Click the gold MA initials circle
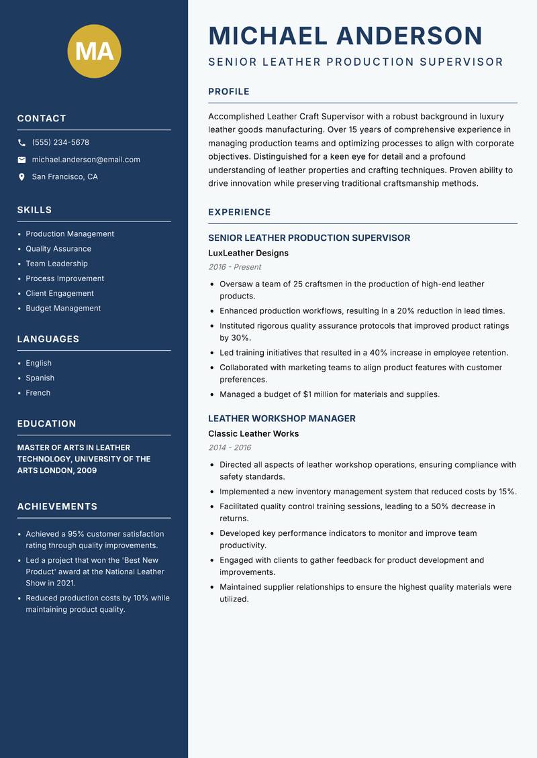click(94, 51)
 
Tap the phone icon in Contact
click(21, 143)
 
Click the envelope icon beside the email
click(21, 160)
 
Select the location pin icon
click(21, 177)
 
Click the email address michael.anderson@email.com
click(86, 160)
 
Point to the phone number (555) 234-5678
click(60, 142)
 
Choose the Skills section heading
click(34, 210)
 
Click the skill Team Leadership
click(56, 264)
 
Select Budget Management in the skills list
click(63, 308)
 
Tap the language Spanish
click(40, 378)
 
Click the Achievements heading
click(57, 506)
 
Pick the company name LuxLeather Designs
click(248, 253)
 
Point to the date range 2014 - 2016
click(230, 447)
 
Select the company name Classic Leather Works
click(253, 433)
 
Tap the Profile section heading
click(228, 92)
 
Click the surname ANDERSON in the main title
click(409, 36)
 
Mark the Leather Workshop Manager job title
click(281, 419)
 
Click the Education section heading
click(46, 424)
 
